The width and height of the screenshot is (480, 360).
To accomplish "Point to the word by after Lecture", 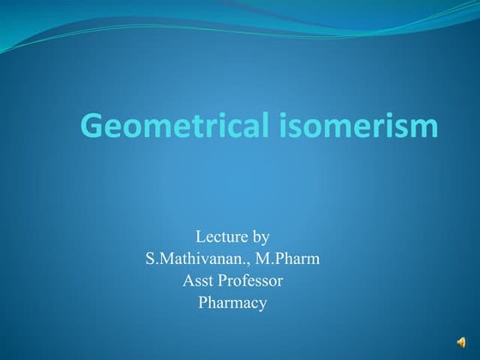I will [261, 237].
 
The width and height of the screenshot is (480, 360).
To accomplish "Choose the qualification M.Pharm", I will [287, 258].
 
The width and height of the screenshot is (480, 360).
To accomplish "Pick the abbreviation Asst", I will [197, 280].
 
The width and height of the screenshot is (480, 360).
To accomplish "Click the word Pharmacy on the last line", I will [233, 303].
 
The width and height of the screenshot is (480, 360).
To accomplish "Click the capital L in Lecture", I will [201, 236].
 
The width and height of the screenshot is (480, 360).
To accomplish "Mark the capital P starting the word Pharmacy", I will [203, 302].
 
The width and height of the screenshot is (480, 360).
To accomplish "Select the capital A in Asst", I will [188, 280].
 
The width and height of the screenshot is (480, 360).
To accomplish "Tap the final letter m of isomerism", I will [426, 128].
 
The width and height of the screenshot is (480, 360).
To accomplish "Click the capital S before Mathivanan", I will [151, 258].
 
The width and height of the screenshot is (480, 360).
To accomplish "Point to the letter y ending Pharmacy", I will [263, 305].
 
